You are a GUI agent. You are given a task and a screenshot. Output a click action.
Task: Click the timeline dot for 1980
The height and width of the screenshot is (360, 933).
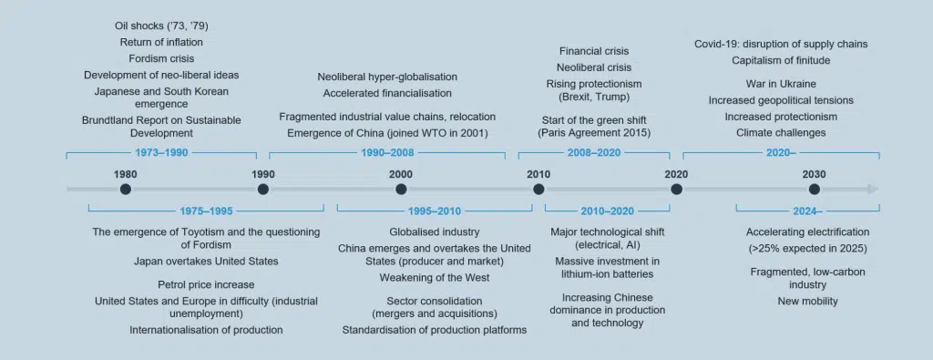[x=125, y=190]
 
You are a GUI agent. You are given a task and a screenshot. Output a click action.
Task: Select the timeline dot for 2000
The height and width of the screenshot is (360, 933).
[x=401, y=190]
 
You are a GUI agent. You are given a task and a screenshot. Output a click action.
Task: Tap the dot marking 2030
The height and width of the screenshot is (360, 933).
[x=814, y=190]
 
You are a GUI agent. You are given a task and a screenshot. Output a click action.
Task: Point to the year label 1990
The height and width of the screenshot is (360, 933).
[x=263, y=174]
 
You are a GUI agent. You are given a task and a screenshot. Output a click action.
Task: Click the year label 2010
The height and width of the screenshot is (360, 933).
[x=538, y=174]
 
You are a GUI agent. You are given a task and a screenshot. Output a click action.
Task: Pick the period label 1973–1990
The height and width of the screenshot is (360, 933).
[x=161, y=153]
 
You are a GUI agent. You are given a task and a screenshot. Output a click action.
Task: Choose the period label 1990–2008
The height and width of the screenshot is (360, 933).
[x=387, y=153]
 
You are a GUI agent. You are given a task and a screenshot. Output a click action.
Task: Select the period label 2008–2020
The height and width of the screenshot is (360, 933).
[x=593, y=153]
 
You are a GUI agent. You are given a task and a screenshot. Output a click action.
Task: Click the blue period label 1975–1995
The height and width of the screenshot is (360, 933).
[x=206, y=211]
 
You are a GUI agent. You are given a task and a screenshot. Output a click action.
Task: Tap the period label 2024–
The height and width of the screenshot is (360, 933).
[x=807, y=211]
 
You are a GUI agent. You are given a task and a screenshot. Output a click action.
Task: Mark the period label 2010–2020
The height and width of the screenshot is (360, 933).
[x=608, y=211]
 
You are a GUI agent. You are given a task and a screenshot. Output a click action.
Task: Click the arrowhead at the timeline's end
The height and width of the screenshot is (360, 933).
[x=872, y=190]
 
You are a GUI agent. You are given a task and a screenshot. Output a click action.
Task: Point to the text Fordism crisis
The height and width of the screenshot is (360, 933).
[x=161, y=58]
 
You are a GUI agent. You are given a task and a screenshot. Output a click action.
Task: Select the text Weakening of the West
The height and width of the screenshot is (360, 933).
[x=435, y=277]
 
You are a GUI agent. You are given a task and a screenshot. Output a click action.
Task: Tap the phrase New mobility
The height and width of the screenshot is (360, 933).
[x=807, y=301]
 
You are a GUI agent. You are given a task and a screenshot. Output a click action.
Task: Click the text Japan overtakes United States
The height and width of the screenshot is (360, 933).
[x=206, y=261]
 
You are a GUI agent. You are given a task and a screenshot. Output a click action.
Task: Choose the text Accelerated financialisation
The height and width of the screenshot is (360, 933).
[x=387, y=94]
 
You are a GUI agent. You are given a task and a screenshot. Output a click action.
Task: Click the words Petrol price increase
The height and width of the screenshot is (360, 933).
[x=206, y=284]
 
